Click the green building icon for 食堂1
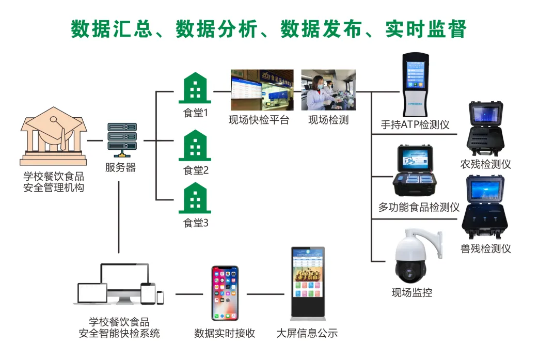point(195,88)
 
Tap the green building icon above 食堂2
point(195,146)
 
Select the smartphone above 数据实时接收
point(225,293)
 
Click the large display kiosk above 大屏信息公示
point(308,282)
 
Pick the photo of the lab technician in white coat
point(328,90)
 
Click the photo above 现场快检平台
point(261,90)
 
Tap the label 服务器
point(120,168)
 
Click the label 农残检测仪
point(485,164)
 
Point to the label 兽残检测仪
point(485,248)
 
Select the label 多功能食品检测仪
point(419,207)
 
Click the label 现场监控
point(411,293)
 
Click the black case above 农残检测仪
point(485,129)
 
